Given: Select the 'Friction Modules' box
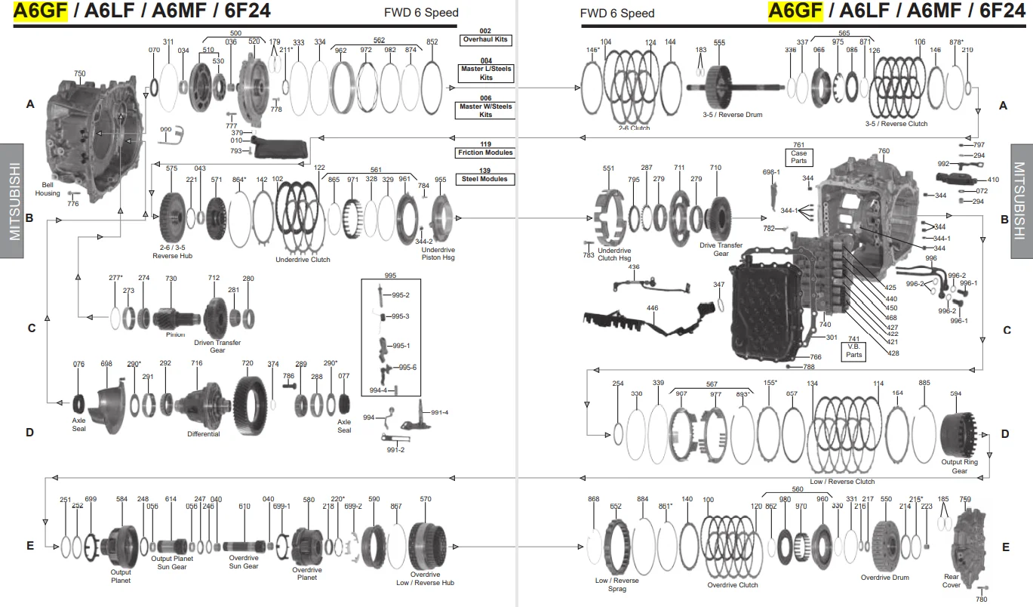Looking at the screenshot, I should click(485, 153).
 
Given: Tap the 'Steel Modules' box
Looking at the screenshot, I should click(485, 179).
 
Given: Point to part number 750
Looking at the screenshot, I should click(79, 73).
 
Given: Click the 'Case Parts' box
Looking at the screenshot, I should click(798, 156).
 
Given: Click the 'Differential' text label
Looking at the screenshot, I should click(203, 434).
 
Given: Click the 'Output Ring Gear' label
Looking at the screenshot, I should click(959, 466).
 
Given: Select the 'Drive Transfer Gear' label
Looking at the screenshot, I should click(721, 249).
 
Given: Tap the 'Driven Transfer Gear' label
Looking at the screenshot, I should click(217, 347).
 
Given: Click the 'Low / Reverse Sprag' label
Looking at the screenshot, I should click(616, 584).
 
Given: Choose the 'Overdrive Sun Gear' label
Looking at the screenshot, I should click(244, 562).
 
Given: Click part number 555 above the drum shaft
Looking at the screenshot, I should click(720, 43).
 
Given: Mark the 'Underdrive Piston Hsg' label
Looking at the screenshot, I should click(438, 253).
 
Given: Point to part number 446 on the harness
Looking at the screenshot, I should click(652, 308).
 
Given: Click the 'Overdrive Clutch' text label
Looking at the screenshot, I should click(733, 585).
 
